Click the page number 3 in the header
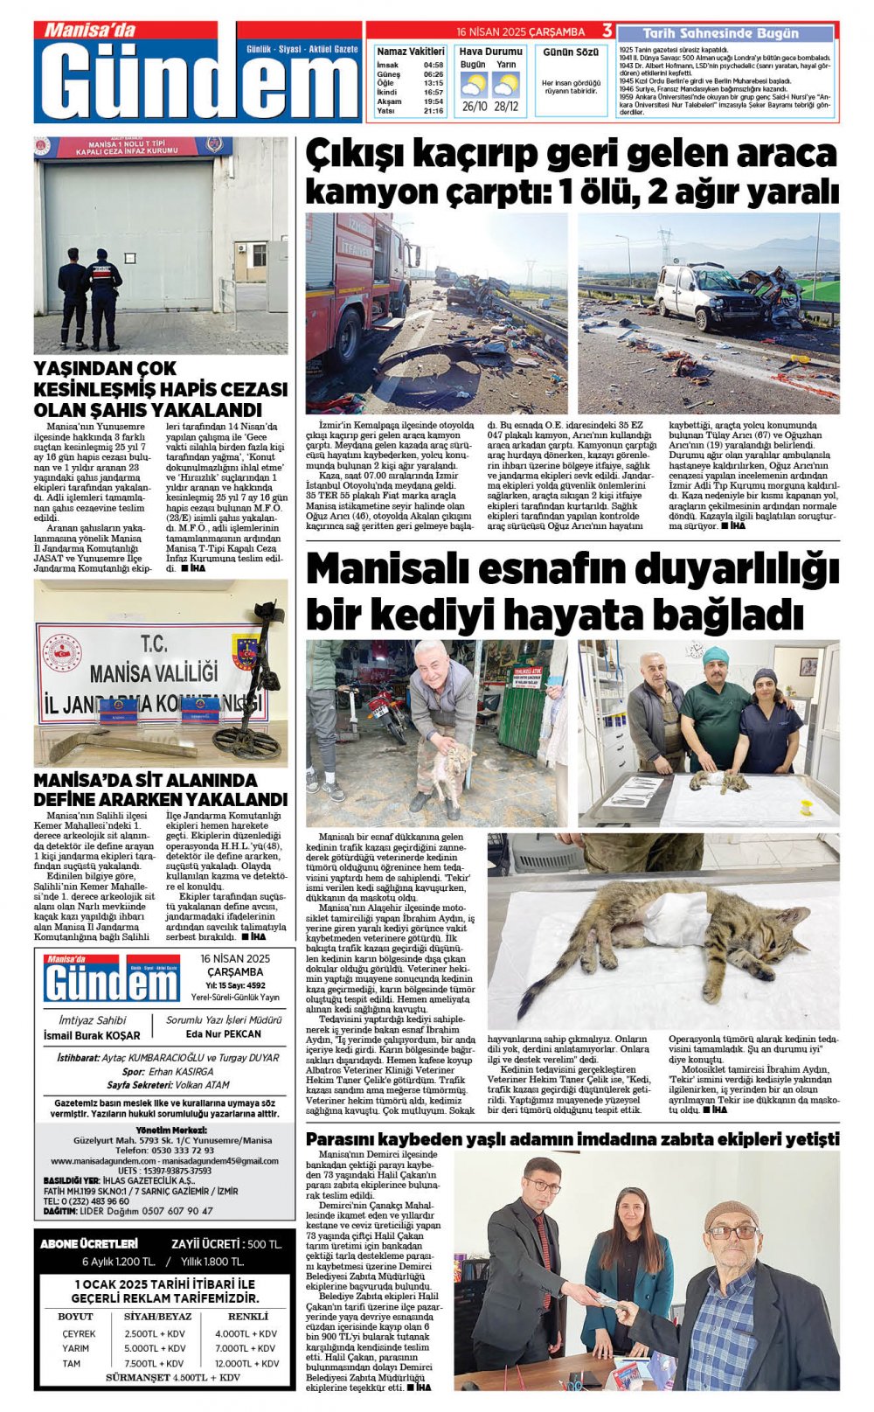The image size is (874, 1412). [x=607, y=31]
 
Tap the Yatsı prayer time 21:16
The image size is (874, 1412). [x=433, y=111]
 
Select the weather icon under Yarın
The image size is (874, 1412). [x=505, y=85]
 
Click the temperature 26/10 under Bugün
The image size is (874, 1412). [x=474, y=107]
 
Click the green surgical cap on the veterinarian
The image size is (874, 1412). [x=716, y=655]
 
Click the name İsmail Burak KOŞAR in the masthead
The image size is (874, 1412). [x=92, y=1035]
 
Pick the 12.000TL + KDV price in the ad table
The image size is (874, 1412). [x=246, y=1363]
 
